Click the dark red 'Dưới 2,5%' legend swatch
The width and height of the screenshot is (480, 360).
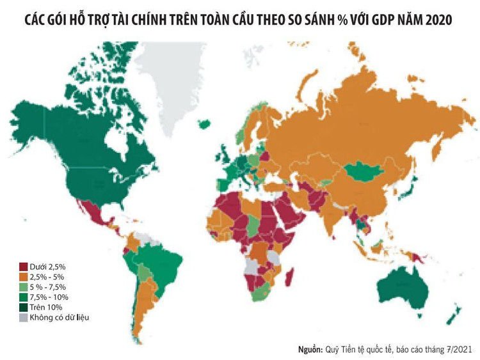point(24,266)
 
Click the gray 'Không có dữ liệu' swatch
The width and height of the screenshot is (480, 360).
point(24,317)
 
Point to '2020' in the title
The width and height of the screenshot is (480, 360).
point(438,20)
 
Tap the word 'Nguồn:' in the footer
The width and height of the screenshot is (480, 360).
point(312,349)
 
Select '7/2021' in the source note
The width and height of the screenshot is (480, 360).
point(459,349)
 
